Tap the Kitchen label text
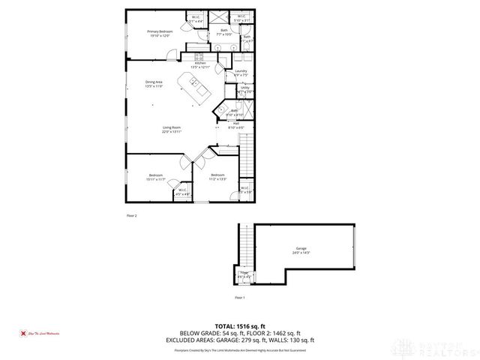pyautogui.click(x=200, y=65)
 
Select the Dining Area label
pyautogui.click(x=154, y=84)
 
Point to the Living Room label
pyautogui.click(x=172, y=129)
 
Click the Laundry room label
pyautogui.click(x=241, y=73)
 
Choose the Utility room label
pyautogui.click(x=244, y=89)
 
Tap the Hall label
pyautogui.click(x=235, y=124)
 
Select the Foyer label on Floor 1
pyautogui.click(x=244, y=274)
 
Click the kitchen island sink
pyautogui.click(x=193, y=82)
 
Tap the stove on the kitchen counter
pyautogui.click(x=199, y=56)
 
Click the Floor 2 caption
pyautogui.click(x=131, y=216)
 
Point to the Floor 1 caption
pyautogui.click(x=240, y=298)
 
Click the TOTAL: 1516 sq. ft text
pyautogui.click(x=239, y=326)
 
